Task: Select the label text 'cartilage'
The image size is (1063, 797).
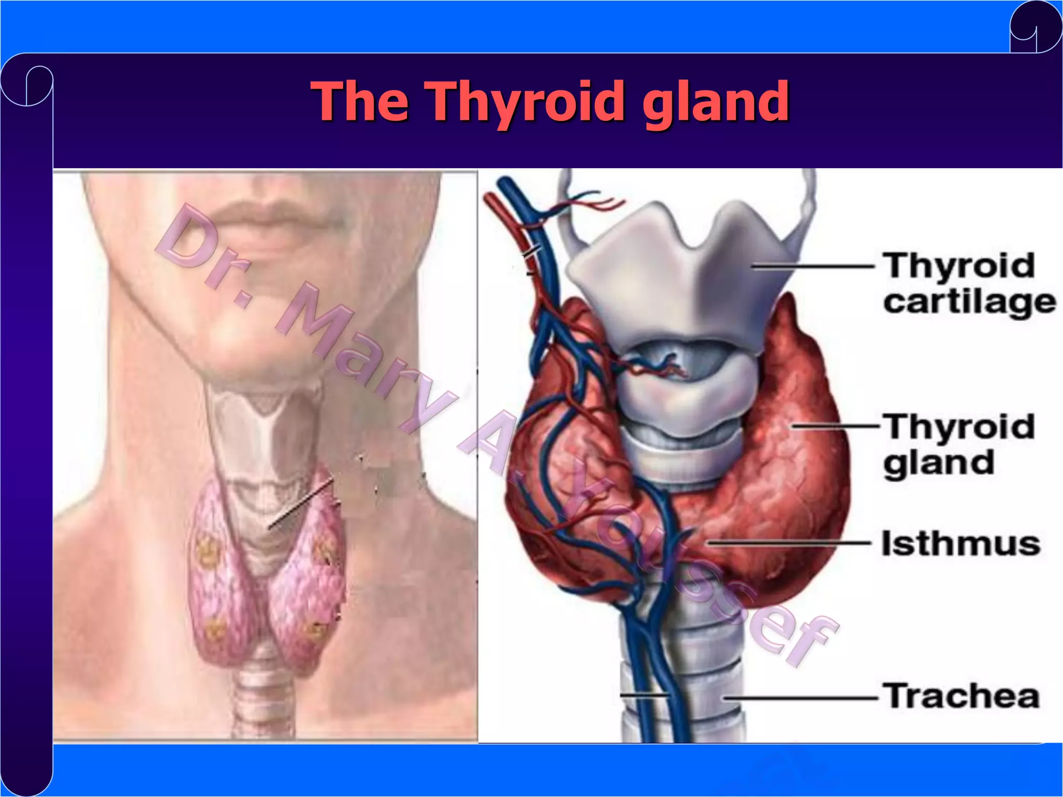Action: click(x=969, y=303)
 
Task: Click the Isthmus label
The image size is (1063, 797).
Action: click(x=961, y=543)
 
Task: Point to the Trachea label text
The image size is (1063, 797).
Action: click(x=962, y=696)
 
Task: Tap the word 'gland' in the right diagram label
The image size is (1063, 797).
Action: click(x=938, y=463)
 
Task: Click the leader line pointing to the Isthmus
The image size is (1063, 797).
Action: click(x=789, y=543)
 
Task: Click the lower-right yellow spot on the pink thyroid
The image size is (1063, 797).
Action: click(x=315, y=630)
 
